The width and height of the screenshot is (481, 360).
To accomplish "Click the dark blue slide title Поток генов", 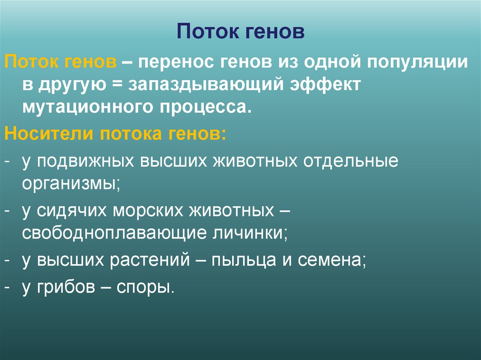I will (x=241, y=31).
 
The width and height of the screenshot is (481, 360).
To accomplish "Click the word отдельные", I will (x=353, y=161).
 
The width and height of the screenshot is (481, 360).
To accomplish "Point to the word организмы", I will (x=71, y=184).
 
